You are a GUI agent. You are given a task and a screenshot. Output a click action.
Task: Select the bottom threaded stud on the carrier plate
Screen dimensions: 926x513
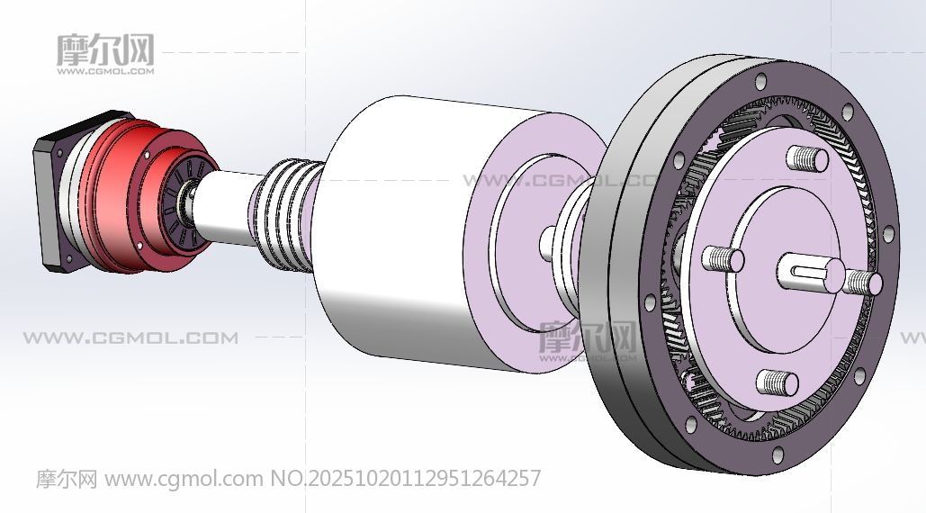point(778,382)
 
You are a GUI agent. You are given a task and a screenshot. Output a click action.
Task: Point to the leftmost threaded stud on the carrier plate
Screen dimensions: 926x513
point(723,259)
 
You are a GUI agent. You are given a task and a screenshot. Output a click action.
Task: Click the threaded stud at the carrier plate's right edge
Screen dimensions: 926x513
point(862,283)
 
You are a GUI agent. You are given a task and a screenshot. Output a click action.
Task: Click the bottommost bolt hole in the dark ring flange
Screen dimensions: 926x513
point(778,454)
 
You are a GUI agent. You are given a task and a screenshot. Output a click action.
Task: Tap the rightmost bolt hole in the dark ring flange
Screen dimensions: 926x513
point(887,234)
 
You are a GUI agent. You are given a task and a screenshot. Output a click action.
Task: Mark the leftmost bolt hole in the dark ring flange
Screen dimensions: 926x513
point(650,302)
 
